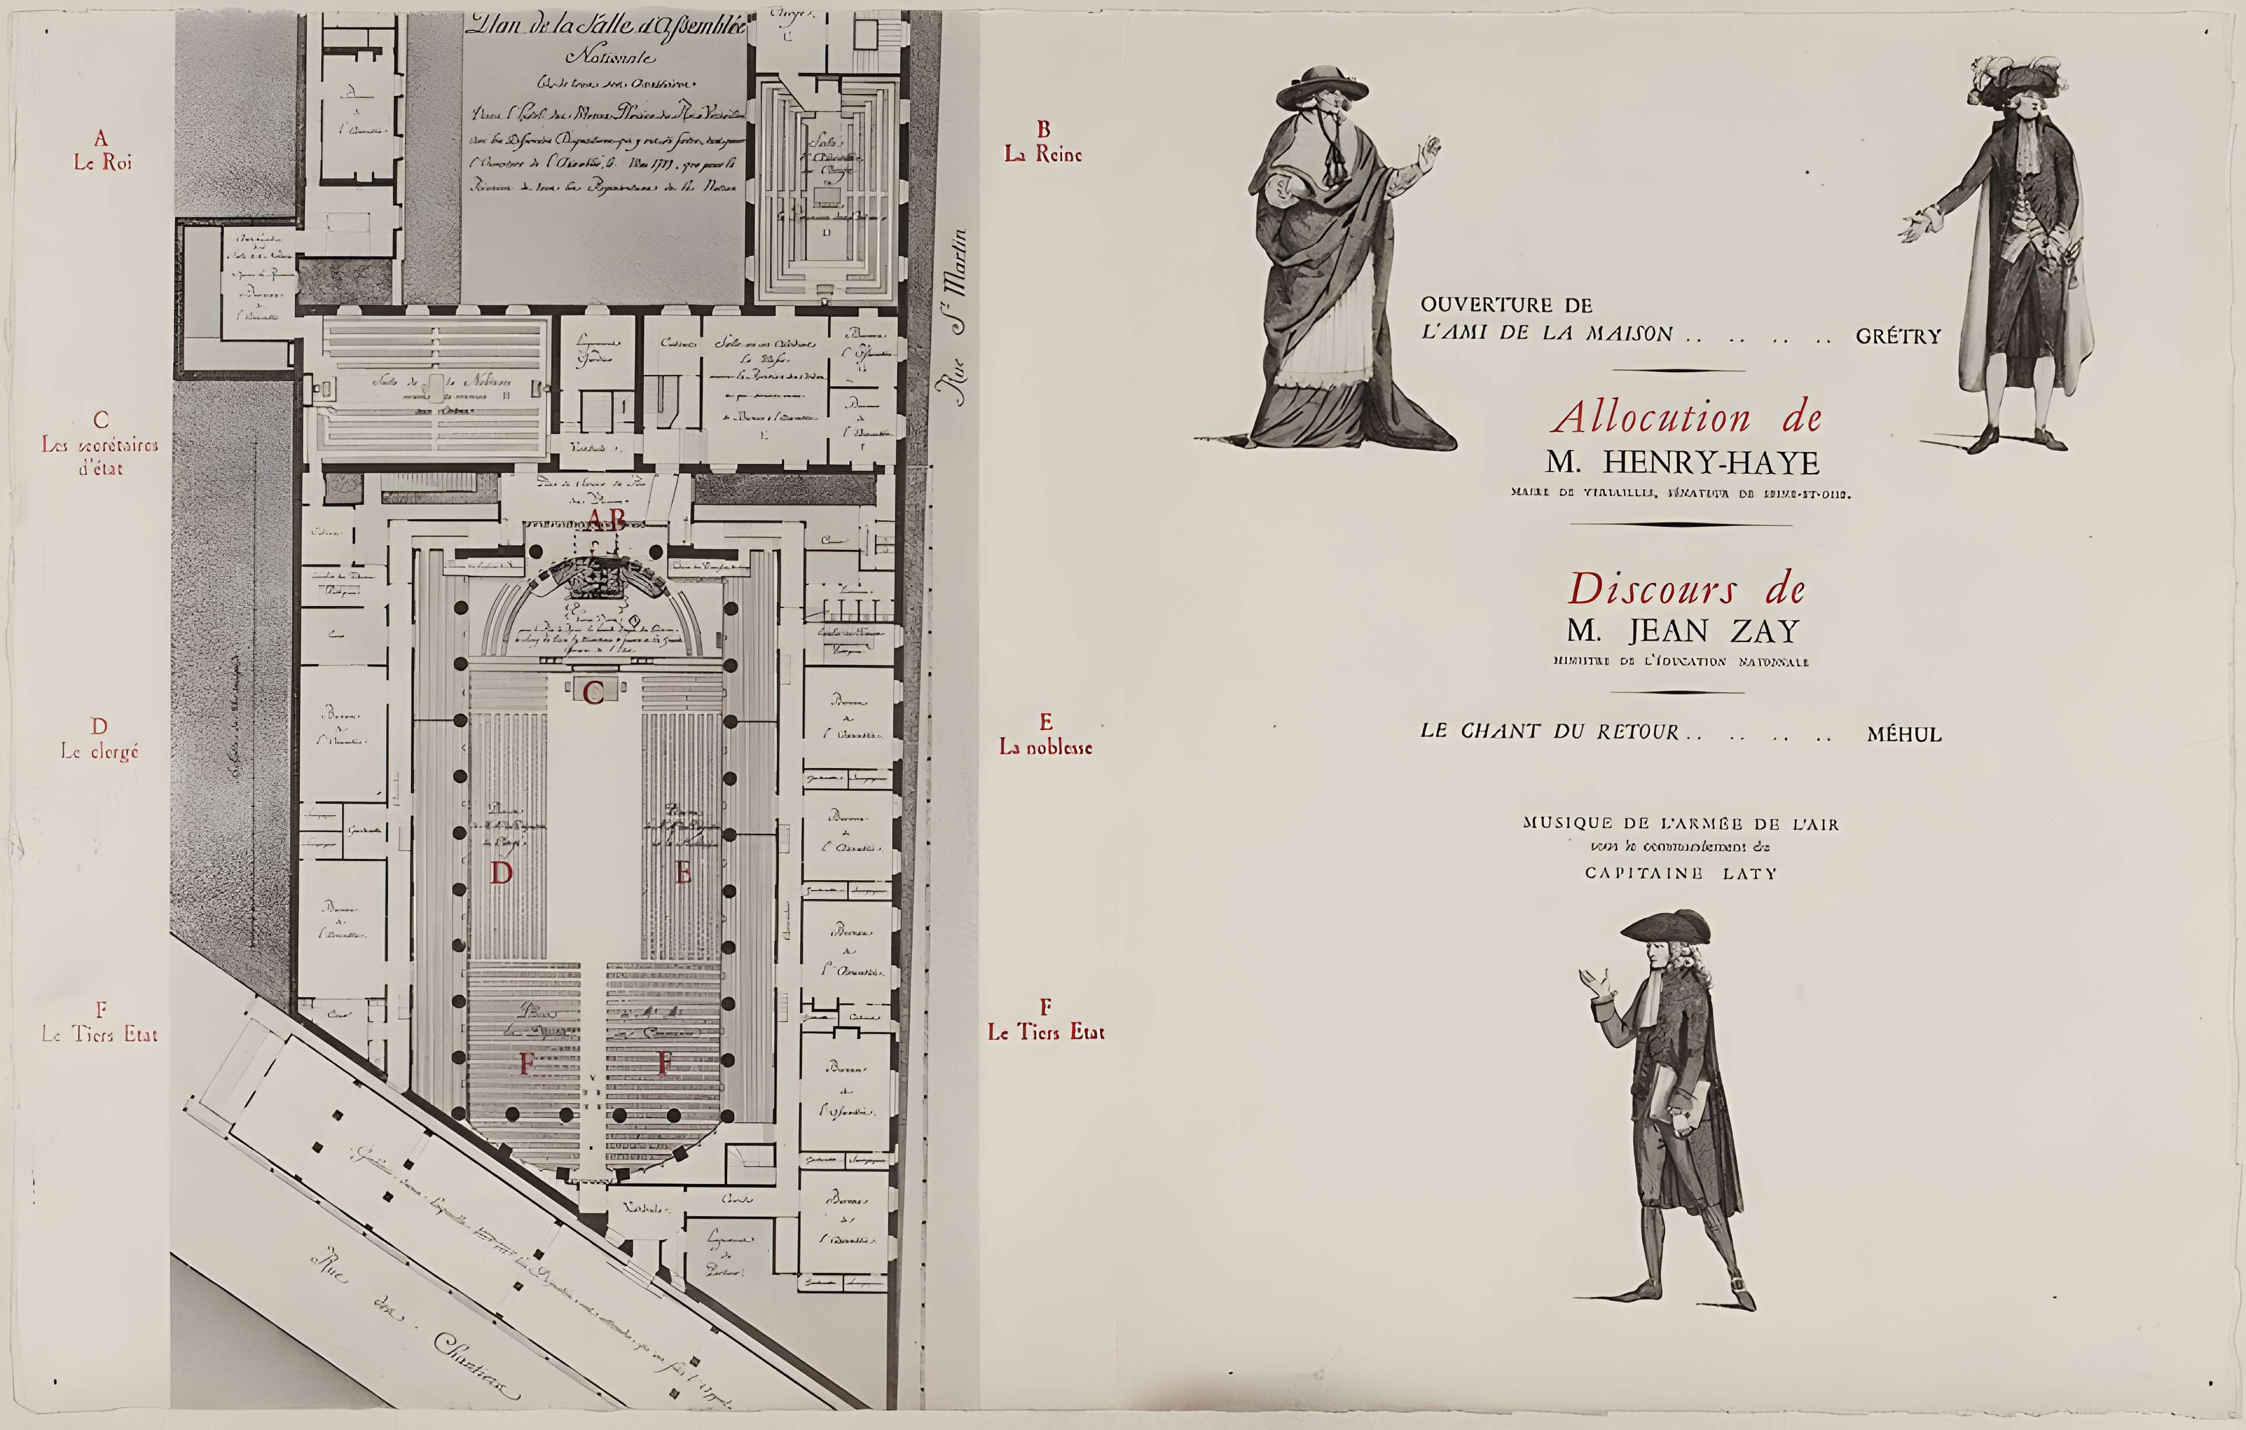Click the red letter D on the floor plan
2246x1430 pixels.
[x=502, y=873]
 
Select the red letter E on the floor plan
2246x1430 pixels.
[x=683, y=873]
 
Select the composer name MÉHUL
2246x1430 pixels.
[x=1904, y=735]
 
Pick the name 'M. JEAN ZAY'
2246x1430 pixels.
[x=1683, y=631]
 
